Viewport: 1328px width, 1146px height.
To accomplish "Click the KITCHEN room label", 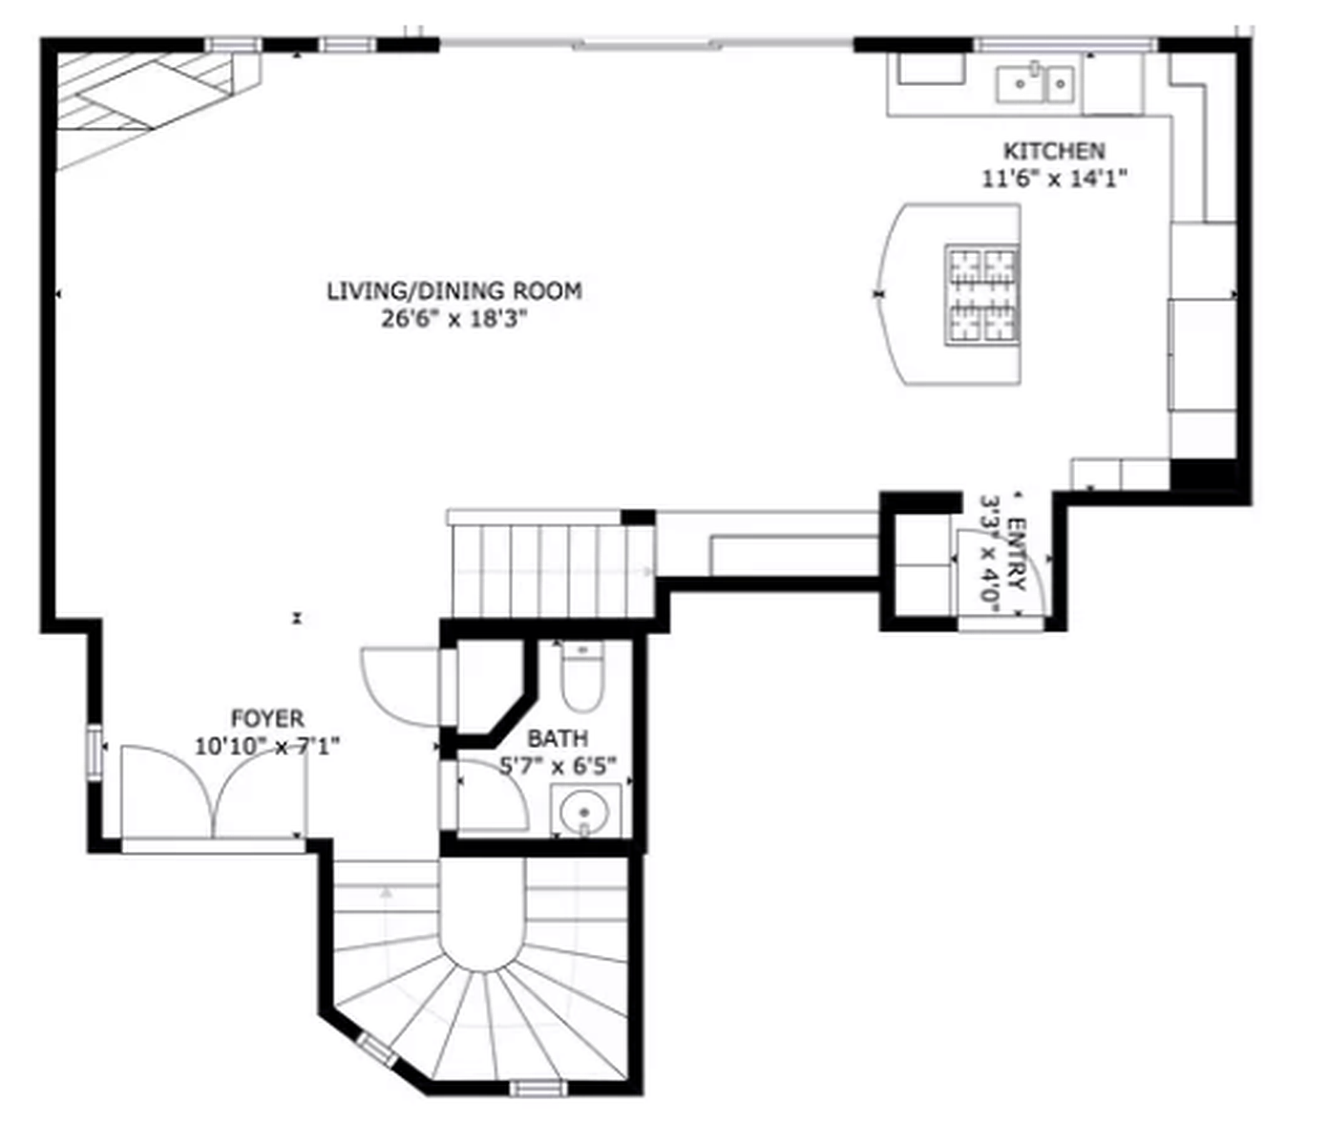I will (x=1054, y=151).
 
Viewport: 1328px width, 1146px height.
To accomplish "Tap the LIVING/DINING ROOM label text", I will (x=454, y=291).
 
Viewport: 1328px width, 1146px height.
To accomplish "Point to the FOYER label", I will (x=267, y=718).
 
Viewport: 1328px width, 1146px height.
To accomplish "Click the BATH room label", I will (x=558, y=738).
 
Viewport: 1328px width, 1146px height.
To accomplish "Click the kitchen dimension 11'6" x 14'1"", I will (x=1054, y=179).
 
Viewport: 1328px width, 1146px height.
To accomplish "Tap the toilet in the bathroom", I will (x=581, y=676).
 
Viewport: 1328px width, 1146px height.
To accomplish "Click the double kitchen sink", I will (x=1036, y=83).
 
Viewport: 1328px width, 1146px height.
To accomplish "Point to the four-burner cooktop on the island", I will (x=981, y=294).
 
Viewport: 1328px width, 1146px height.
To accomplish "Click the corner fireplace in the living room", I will (x=143, y=100).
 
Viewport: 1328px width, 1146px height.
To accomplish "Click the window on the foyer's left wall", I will (x=94, y=753).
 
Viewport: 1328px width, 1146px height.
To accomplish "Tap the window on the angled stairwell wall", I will (x=376, y=1050).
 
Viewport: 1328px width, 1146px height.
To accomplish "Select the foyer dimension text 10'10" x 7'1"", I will (x=267, y=746).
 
